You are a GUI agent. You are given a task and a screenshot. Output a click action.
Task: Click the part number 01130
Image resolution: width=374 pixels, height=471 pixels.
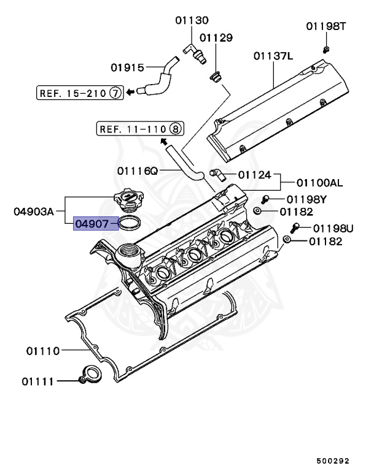tap(191, 21)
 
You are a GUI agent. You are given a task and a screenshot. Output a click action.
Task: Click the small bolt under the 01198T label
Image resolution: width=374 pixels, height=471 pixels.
tap(325, 48)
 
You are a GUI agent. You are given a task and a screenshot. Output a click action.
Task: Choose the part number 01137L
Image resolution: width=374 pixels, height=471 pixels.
tap(273, 56)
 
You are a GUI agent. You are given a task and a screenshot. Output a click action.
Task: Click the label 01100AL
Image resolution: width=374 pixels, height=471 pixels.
tap(319, 183)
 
